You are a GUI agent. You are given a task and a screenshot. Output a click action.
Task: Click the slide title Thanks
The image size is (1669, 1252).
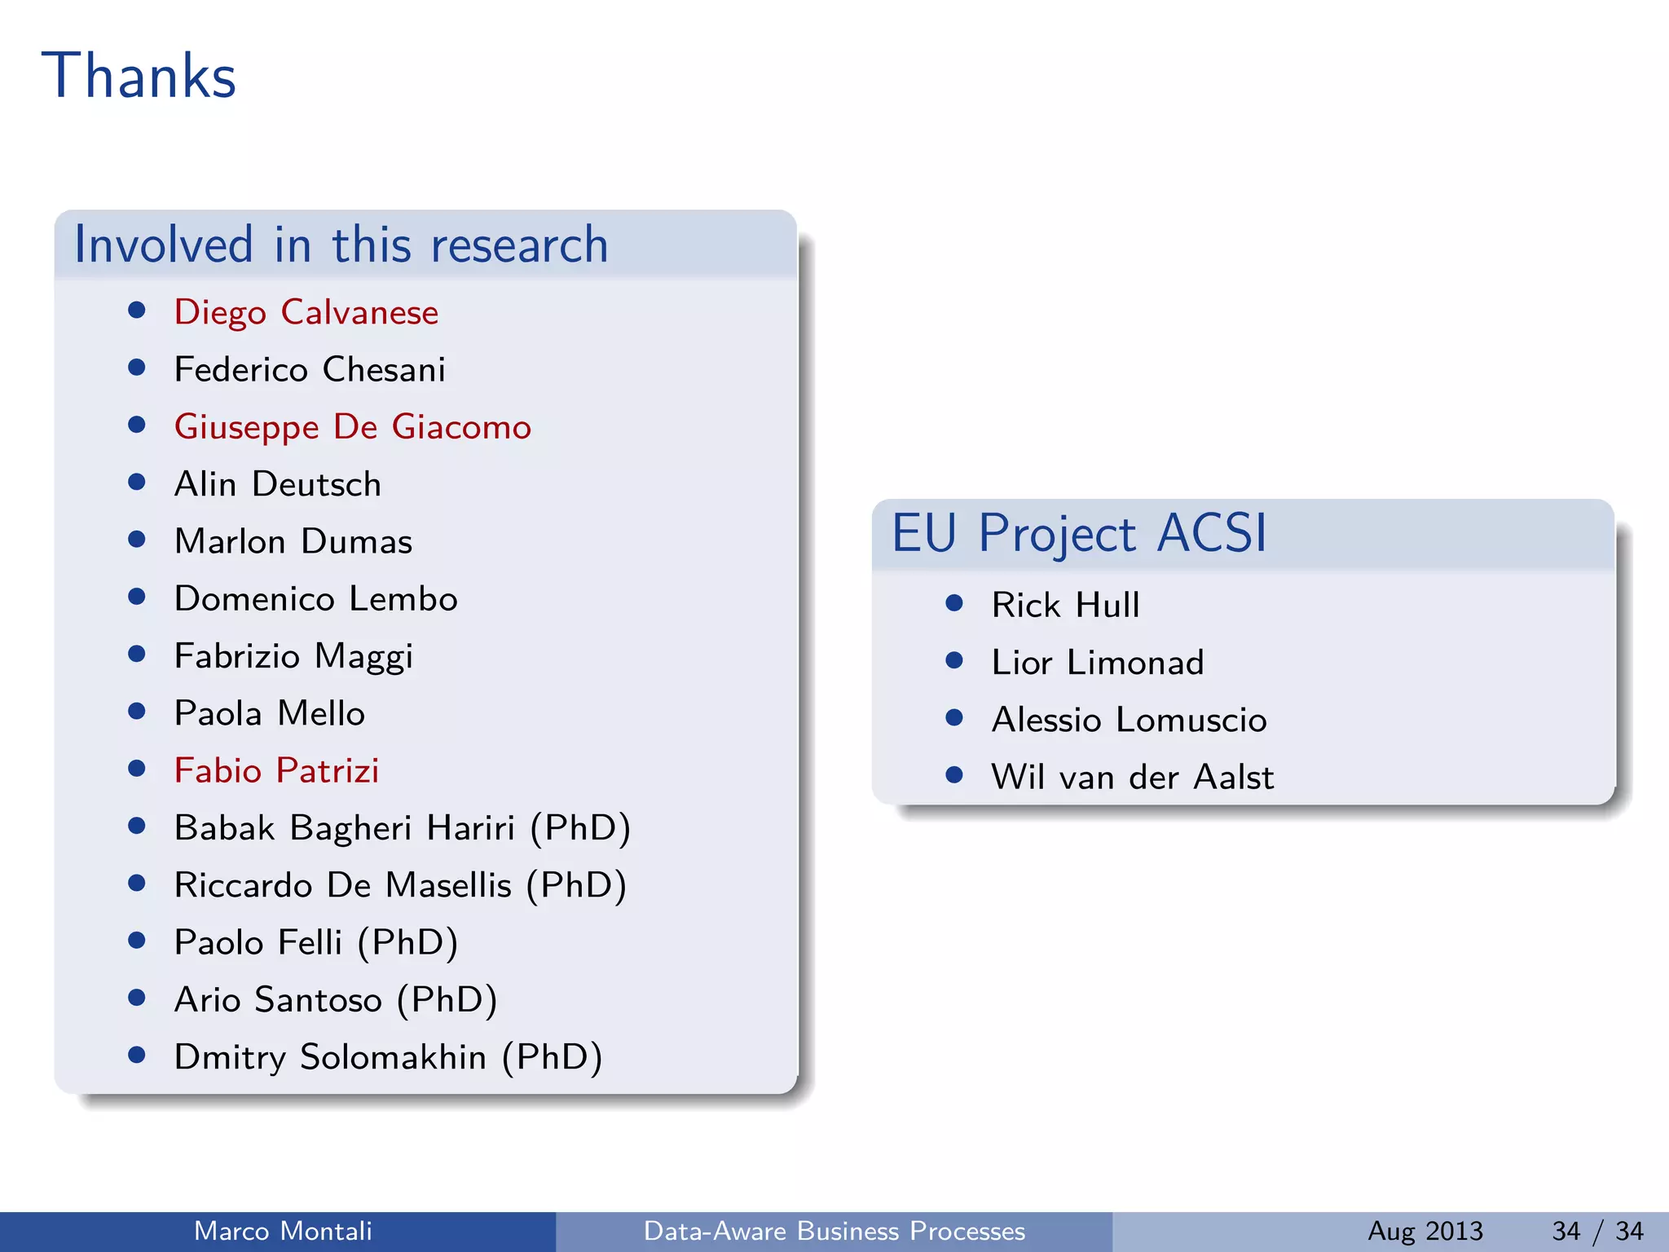pos(139,76)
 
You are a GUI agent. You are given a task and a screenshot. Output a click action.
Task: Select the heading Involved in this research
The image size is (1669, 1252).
pos(341,245)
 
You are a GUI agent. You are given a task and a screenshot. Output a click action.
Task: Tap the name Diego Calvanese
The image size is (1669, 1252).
pos(306,312)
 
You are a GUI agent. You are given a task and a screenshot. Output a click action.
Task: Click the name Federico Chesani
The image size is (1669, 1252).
pos(310,370)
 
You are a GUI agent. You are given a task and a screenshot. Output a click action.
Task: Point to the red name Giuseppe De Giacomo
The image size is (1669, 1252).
pos(352,427)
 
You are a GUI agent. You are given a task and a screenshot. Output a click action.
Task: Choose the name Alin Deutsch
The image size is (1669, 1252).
pos(277,484)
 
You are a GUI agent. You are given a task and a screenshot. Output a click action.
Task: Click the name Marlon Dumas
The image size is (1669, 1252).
pos(293,542)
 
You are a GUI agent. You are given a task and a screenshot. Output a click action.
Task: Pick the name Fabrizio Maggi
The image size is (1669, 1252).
pos(293,656)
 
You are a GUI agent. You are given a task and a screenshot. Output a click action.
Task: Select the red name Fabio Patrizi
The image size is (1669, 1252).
pos(276,771)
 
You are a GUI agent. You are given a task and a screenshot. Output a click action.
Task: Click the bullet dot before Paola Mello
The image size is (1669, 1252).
pos(137,712)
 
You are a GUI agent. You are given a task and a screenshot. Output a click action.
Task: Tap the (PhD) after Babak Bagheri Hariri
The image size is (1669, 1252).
pos(580,828)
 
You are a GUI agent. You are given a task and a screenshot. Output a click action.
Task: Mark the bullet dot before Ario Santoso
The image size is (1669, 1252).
pos(137,998)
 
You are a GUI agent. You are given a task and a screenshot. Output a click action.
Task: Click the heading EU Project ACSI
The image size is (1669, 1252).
pos(1079,533)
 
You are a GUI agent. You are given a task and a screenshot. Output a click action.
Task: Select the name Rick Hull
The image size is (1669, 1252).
pos(1065,606)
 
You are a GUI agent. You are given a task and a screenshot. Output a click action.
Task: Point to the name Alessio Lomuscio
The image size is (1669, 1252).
pos(1129,720)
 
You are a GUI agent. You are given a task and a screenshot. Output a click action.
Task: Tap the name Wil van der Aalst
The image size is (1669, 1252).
pos(1132,778)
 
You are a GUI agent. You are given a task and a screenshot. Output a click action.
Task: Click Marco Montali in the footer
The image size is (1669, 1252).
pos(283,1231)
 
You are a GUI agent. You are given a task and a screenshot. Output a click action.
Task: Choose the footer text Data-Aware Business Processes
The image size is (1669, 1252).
pos(834,1231)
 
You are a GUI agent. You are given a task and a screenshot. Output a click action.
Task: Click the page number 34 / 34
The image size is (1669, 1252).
pos(1597,1231)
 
